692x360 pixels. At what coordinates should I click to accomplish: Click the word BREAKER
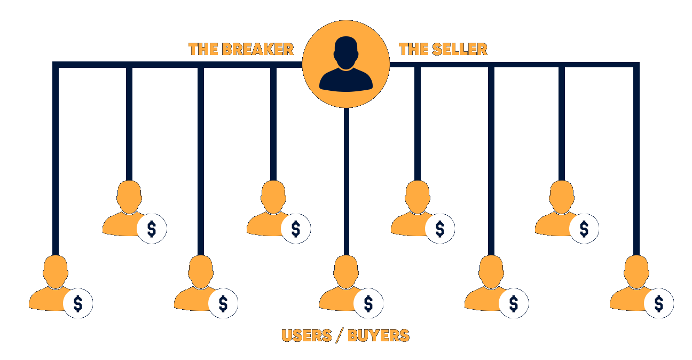coord(258,49)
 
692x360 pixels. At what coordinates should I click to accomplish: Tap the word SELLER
coord(460,49)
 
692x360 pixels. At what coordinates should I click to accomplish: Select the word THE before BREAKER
coord(203,49)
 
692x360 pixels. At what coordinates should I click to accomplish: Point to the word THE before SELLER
coord(414,49)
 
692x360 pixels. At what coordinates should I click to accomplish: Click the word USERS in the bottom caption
coord(307,335)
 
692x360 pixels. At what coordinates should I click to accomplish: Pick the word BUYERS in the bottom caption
coord(379,335)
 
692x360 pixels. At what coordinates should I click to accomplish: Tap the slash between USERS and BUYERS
coord(340,335)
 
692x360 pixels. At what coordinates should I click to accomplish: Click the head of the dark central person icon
coord(346,53)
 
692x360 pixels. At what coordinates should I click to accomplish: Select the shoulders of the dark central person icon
coord(346,80)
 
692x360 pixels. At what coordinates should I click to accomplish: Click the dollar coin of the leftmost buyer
coord(78,303)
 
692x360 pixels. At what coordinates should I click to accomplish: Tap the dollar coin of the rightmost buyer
coord(659,303)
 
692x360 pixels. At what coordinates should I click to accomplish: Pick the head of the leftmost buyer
coord(56,272)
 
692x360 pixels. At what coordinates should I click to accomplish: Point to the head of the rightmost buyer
coord(636,272)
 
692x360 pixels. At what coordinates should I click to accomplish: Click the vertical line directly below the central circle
coord(347,182)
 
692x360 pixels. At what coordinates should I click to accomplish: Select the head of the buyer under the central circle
coord(346,272)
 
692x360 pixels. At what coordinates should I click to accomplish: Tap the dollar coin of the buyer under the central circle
coord(368,303)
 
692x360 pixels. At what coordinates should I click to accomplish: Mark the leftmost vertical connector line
coord(56,159)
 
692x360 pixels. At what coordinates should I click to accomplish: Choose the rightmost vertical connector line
coord(636,159)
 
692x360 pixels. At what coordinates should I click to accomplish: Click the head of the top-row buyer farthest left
coord(129,197)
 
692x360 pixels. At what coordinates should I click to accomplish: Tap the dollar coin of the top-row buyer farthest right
coord(584,229)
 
